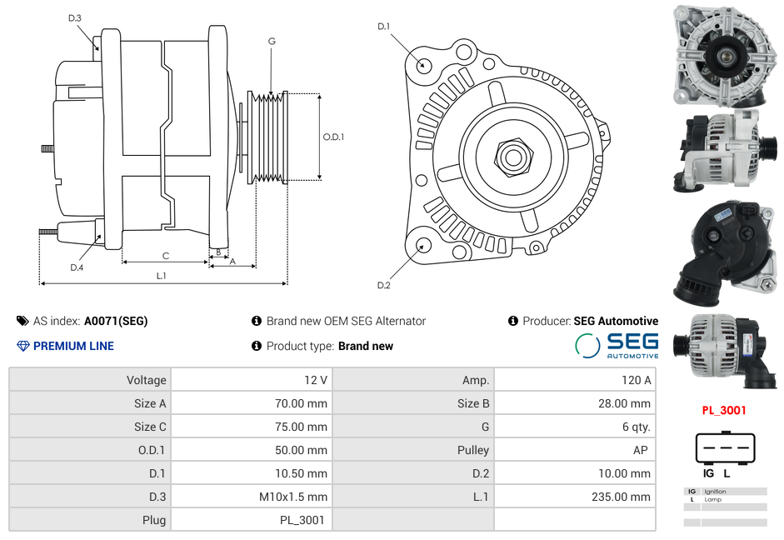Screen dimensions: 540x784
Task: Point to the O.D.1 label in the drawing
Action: tap(333, 137)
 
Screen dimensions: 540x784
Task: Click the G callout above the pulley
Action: tap(272, 41)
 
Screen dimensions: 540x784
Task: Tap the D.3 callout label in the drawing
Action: tap(75, 17)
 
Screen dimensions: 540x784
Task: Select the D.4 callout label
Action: tap(77, 267)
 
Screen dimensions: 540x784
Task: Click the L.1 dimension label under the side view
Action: tap(161, 276)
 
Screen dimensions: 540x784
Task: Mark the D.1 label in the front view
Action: tap(383, 27)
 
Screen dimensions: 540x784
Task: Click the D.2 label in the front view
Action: tap(383, 286)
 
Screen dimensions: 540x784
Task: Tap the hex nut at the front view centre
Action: tap(512, 156)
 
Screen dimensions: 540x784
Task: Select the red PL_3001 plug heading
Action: tap(723, 410)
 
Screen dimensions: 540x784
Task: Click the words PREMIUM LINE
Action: tap(73, 346)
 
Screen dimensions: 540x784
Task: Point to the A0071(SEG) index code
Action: tap(116, 321)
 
